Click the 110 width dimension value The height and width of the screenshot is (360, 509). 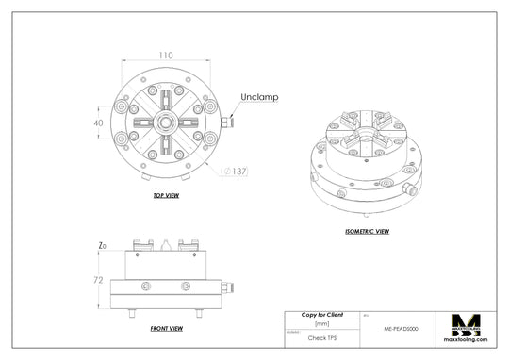click(x=165, y=56)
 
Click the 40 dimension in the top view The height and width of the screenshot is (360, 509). click(x=97, y=123)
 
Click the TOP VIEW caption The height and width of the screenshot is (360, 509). click(x=166, y=196)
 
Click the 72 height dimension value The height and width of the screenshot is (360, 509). click(x=97, y=281)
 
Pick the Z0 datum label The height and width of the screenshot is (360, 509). click(x=102, y=246)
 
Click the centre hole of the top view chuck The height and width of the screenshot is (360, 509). click(x=166, y=123)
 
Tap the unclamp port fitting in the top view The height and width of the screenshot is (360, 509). click(x=226, y=123)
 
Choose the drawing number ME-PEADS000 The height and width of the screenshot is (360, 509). click(x=402, y=330)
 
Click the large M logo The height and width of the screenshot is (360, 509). click(x=468, y=324)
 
